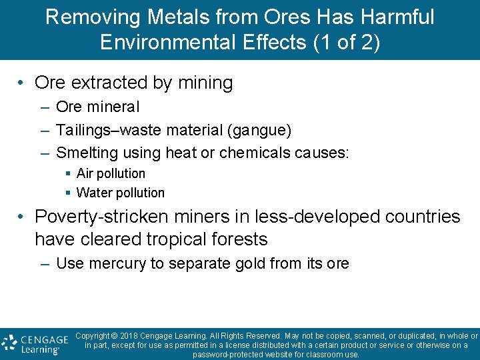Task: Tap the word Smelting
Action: click(85, 153)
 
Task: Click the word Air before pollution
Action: click(85, 173)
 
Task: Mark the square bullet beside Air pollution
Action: click(68, 173)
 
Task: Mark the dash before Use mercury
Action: click(45, 263)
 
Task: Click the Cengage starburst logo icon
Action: click(10, 343)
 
